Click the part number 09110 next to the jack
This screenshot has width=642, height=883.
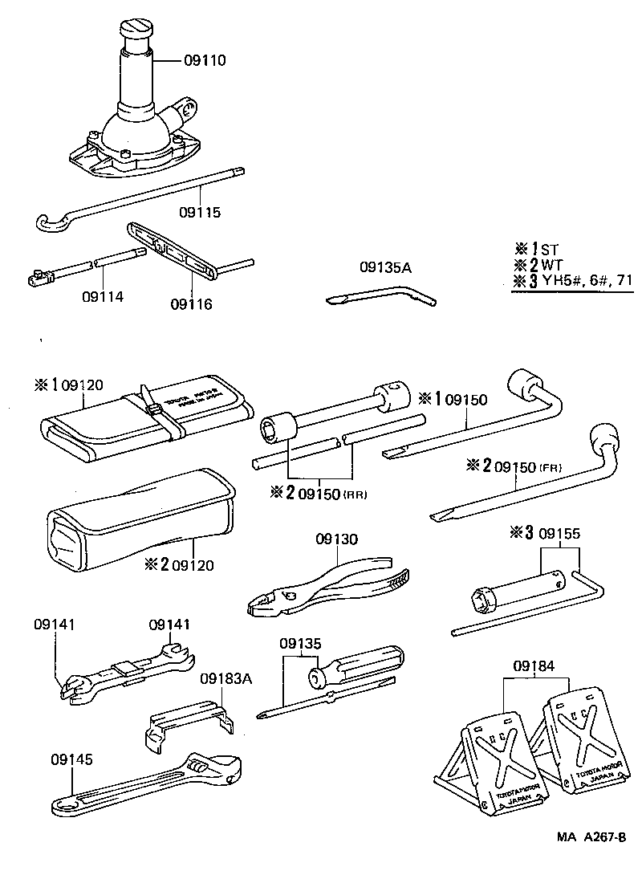click(x=205, y=60)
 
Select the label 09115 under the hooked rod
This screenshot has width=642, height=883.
click(x=200, y=213)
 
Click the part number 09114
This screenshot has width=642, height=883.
click(x=103, y=295)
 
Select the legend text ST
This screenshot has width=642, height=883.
click(x=549, y=249)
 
